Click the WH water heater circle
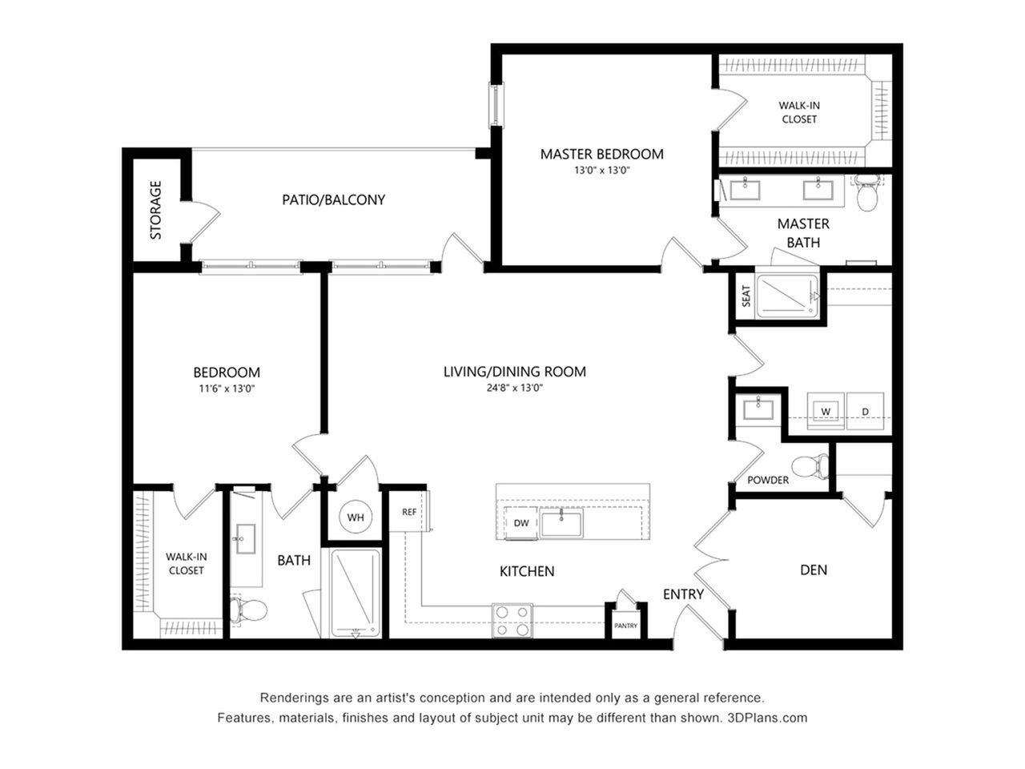[356, 517]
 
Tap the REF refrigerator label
[408, 512]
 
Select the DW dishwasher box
[521, 523]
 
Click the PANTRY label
[625, 626]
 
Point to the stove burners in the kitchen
[512, 621]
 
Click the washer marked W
[826, 411]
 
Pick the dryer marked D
[865, 411]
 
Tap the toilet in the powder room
[810, 466]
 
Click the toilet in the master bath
[867, 193]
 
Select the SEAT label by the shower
[746, 296]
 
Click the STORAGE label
[155, 210]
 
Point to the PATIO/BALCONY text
[333, 199]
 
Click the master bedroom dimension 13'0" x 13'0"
[602, 171]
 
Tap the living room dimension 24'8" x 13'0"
[515, 388]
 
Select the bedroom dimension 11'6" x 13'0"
[227, 389]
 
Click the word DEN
[814, 570]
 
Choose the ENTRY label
[683, 594]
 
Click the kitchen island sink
[561, 523]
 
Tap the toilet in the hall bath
[248, 610]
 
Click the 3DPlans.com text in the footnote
[767, 718]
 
